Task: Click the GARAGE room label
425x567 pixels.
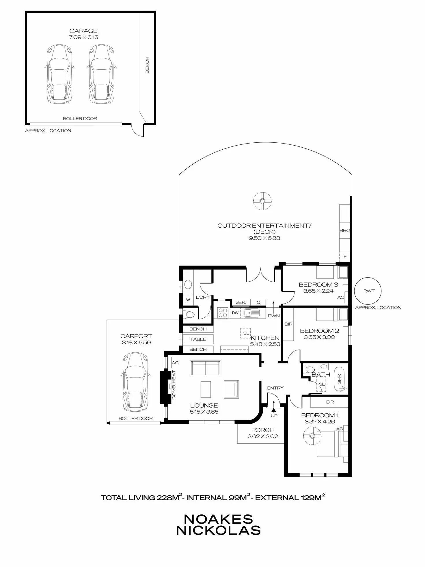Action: tap(83, 31)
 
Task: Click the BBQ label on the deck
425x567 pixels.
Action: tap(345, 230)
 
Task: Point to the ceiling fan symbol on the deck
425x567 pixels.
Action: tap(262, 201)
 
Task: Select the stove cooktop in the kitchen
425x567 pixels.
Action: tap(223, 313)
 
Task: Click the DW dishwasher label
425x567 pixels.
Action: tap(235, 313)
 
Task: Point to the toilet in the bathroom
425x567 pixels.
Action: tap(310, 370)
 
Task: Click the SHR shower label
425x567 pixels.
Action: tap(339, 379)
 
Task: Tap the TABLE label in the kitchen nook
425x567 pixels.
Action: tap(198, 339)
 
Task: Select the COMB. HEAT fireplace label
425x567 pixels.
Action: tap(174, 385)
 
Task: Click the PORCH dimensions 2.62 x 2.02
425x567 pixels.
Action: tap(263, 436)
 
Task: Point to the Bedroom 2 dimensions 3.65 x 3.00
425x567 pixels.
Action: tap(319, 337)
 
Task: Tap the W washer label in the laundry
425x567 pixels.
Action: tap(188, 300)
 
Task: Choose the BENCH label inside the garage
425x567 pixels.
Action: tap(147, 65)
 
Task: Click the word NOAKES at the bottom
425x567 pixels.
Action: tap(218, 519)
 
